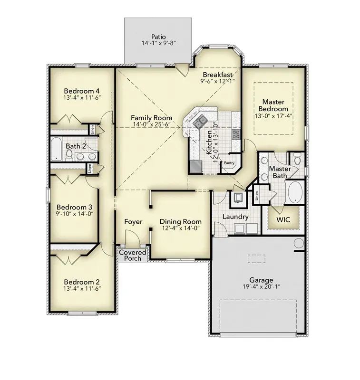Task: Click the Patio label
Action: click(x=158, y=37)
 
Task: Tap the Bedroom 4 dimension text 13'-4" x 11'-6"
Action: click(x=82, y=98)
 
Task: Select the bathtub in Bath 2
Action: click(x=56, y=149)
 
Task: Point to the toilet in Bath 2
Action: click(x=69, y=155)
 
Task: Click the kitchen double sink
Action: click(x=200, y=121)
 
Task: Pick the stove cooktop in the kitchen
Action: click(x=236, y=134)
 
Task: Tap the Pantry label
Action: click(x=229, y=163)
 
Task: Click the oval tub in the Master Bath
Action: click(x=295, y=192)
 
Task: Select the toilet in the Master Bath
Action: click(x=297, y=158)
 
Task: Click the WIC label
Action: click(x=283, y=219)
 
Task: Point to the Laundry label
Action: click(x=235, y=217)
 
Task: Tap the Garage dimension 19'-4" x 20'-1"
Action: click(x=262, y=287)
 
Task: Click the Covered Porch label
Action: click(x=133, y=256)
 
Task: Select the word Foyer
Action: click(x=133, y=222)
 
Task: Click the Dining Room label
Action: click(x=181, y=222)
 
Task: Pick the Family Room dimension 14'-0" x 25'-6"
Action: click(x=152, y=124)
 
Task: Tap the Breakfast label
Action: click(x=218, y=75)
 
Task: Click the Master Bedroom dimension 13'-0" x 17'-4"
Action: click(x=273, y=116)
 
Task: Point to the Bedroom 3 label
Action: click(x=74, y=207)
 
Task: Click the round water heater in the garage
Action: click(x=299, y=243)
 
